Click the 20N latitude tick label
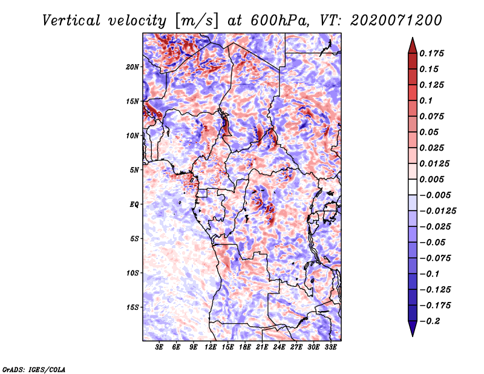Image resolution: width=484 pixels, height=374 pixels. point(132,67)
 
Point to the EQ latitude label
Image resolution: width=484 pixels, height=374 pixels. point(134,204)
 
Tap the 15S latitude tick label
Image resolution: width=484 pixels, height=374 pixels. point(132,307)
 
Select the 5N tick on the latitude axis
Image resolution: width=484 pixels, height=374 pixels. point(134,169)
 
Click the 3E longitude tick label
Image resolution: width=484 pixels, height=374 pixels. point(160,347)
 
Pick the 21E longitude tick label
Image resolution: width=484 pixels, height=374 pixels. point(263,347)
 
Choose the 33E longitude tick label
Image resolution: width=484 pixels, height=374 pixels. point(331,347)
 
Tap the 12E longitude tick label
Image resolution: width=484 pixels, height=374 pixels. point(211,347)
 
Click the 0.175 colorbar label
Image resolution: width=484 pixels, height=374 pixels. point(433,53)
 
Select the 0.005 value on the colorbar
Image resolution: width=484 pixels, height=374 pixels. point(433,179)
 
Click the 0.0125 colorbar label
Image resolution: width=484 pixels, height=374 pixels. point(435,163)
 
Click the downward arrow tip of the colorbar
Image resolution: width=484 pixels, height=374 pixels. point(412,335)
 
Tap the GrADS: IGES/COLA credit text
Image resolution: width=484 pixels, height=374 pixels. point(33,369)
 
